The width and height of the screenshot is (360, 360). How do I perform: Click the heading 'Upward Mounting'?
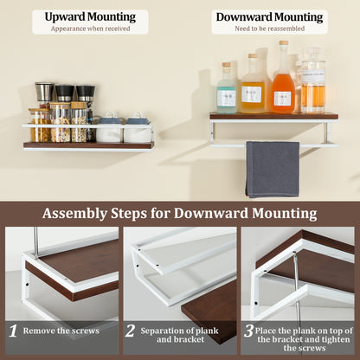tap(90, 16)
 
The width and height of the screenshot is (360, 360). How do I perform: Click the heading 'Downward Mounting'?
tap(269, 16)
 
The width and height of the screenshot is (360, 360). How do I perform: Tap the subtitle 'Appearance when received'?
tap(90, 28)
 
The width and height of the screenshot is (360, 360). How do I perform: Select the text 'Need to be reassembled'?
tap(269, 28)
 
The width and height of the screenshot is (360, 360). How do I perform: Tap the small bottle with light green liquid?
tap(227, 90)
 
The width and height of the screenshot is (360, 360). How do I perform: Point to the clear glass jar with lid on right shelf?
tap(313, 83)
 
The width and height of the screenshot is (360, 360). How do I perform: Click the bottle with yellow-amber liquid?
tap(252, 87)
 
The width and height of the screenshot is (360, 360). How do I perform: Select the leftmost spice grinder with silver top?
tap(43, 92)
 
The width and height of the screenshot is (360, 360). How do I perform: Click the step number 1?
tap(13, 331)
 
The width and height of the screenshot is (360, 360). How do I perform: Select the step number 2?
tap(131, 331)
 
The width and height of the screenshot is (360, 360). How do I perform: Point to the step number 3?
tap(248, 331)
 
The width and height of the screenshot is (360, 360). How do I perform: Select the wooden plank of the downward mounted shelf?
tap(273, 116)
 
